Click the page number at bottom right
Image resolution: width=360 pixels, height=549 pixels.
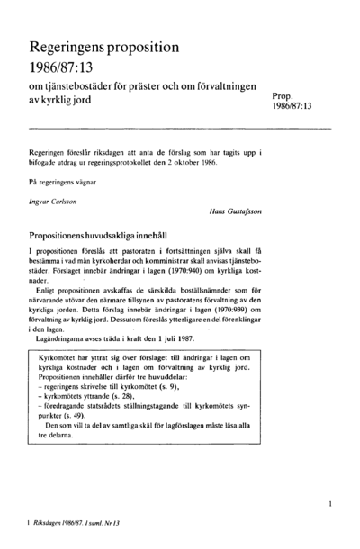[332, 506]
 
